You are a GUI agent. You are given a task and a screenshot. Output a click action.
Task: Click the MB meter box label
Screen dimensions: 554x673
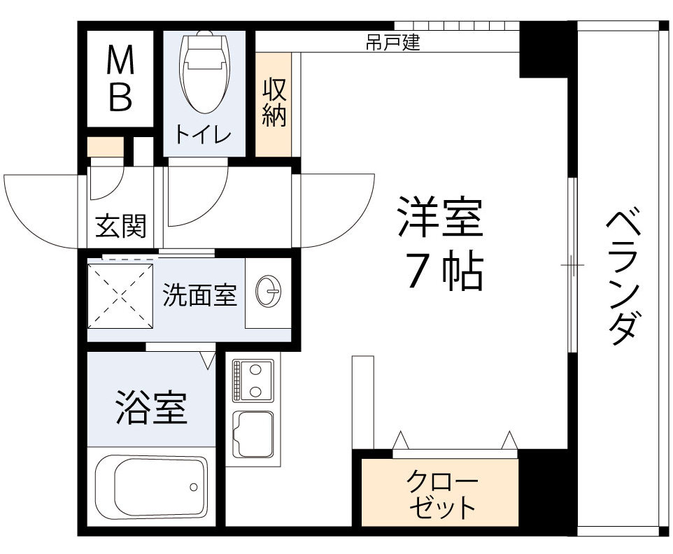point(120,80)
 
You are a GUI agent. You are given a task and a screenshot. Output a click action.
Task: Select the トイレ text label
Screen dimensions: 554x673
point(203,134)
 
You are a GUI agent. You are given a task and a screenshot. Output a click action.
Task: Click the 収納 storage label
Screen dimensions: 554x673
point(274,103)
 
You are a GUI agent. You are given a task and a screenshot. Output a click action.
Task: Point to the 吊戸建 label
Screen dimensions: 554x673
point(393,43)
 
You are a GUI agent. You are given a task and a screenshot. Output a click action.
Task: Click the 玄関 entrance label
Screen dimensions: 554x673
point(120,225)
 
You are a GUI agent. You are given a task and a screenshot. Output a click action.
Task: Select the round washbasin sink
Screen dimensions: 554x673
point(269,293)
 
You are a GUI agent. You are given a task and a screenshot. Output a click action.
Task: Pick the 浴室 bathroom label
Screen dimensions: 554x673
point(151,407)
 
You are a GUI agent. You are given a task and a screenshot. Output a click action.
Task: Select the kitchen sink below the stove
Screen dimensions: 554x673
point(252,434)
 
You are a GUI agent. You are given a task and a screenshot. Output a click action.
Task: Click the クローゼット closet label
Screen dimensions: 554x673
point(441,494)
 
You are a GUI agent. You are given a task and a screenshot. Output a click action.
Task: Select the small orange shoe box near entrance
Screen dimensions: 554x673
point(105,148)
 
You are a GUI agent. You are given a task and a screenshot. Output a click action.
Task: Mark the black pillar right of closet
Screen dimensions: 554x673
point(547,490)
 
